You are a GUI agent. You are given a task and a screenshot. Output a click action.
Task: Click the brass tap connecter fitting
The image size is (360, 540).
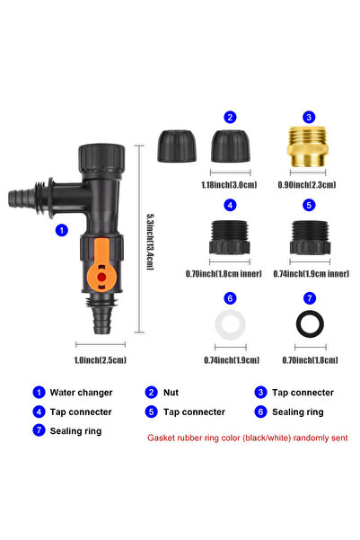click(307, 146)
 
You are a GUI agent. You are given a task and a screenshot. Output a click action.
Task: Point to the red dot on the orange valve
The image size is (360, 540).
click(101, 277)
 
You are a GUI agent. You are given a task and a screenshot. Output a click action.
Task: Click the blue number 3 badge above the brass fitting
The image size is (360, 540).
click(309, 117)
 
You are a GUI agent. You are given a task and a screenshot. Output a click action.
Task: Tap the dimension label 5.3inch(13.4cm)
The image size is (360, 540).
click(150, 242)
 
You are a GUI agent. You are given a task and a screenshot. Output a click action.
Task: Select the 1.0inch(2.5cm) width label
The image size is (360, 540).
click(101, 360)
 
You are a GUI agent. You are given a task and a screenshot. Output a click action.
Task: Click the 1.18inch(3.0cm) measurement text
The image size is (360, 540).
click(229, 185)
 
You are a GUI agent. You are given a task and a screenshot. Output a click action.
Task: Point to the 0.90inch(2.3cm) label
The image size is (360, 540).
click(307, 185)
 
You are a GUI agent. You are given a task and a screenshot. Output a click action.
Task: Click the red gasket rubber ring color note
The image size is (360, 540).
click(248, 438)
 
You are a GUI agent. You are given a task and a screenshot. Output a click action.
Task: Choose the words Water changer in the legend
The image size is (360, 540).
click(81, 393)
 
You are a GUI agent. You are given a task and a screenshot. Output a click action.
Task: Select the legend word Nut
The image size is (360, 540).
click(171, 393)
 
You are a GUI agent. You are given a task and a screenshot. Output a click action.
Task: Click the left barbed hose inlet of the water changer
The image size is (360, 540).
click(21, 199)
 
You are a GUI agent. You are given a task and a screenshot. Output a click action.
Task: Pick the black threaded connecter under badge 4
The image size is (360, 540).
click(230, 237)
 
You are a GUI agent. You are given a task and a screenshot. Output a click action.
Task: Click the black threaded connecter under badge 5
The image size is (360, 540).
click(310, 237)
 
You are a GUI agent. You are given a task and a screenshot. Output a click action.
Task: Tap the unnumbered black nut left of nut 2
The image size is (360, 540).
click(177, 146)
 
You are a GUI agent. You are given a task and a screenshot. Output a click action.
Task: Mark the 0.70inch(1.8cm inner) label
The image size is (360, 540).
click(224, 274)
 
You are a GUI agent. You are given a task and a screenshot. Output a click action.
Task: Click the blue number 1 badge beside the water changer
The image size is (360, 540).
click(62, 230)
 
